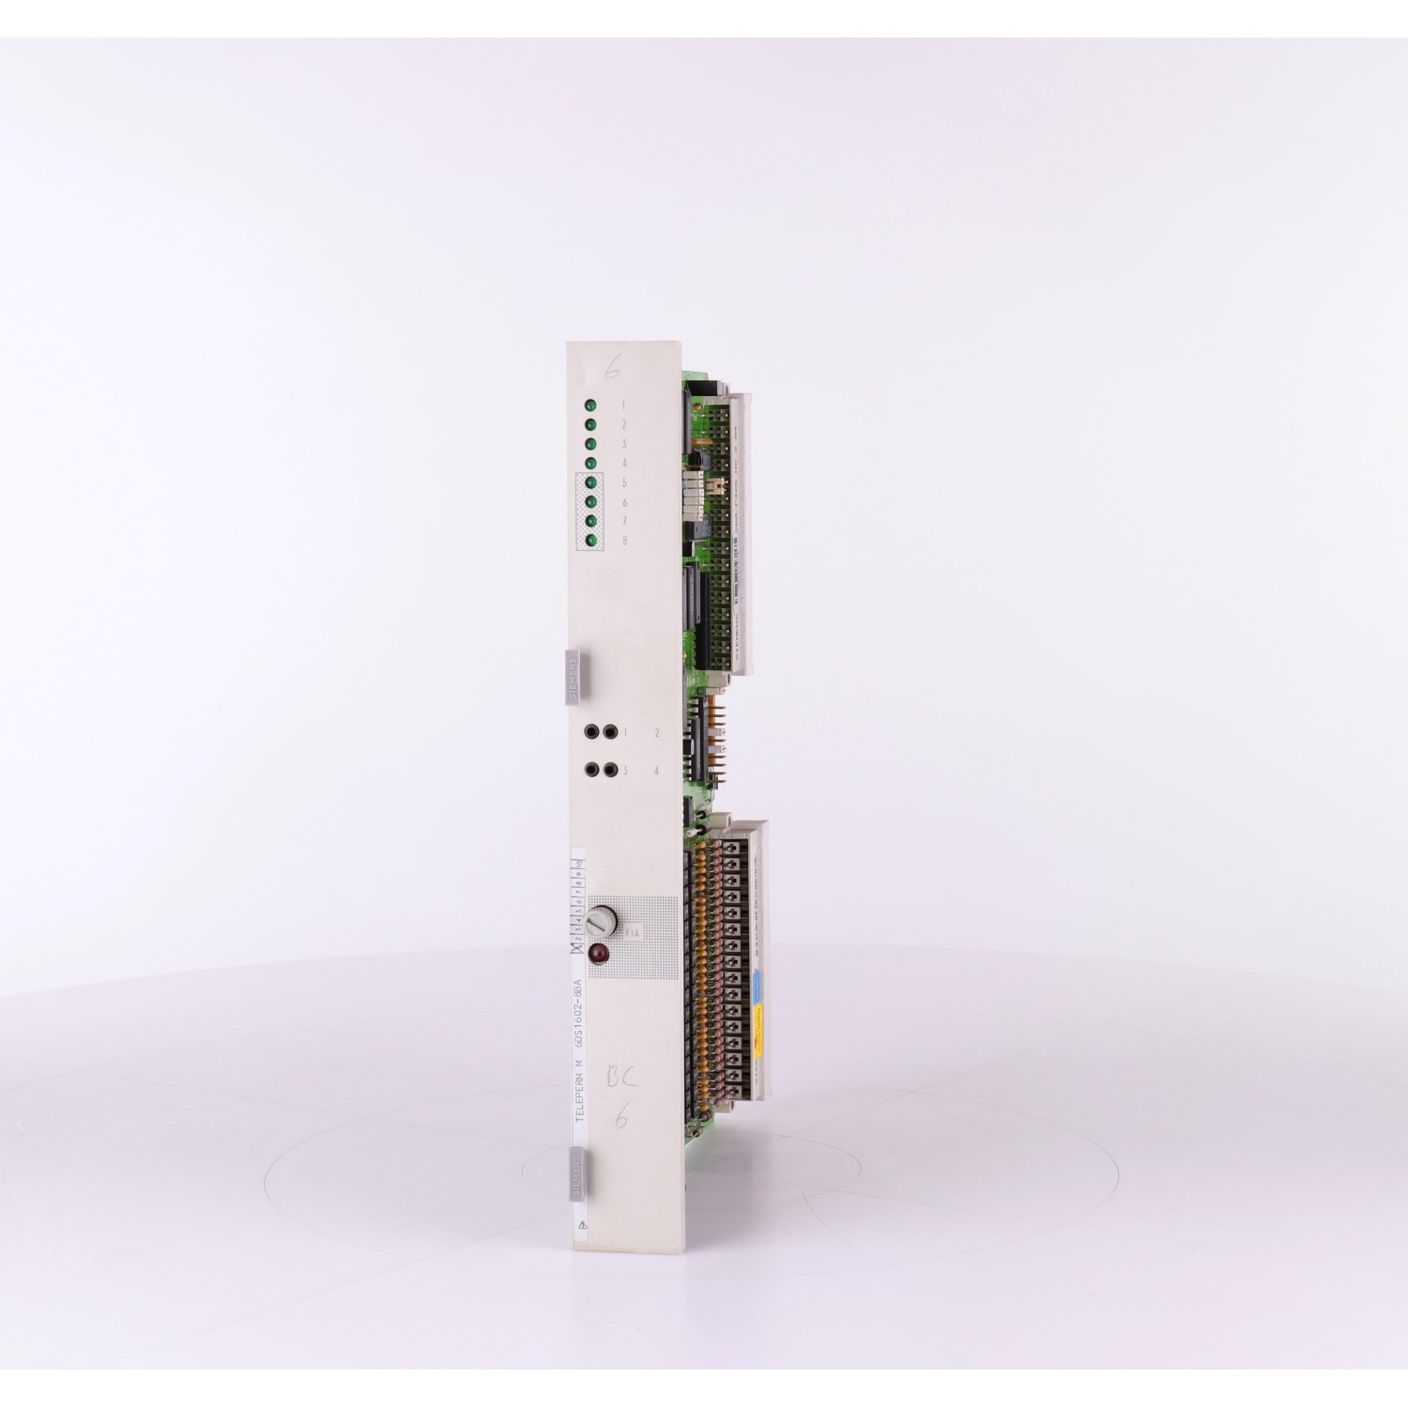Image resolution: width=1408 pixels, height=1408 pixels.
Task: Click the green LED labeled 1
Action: pyautogui.click(x=591, y=406)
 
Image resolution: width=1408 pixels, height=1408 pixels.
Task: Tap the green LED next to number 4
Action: pyautogui.click(x=591, y=464)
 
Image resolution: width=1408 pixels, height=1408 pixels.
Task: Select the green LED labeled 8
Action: pyautogui.click(x=591, y=541)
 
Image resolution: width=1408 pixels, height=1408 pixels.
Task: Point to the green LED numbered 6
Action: pyautogui.click(x=591, y=502)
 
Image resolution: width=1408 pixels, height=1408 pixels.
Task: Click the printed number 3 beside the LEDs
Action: pyautogui.click(x=623, y=444)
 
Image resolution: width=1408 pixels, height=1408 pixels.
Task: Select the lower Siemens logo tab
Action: pyautogui.click(x=575, y=1175)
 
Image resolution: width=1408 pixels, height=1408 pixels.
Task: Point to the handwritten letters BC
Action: pyautogui.click(x=620, y=1079)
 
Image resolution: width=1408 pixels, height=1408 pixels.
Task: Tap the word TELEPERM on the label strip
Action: pyautogui.click(x=579, y=1094)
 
